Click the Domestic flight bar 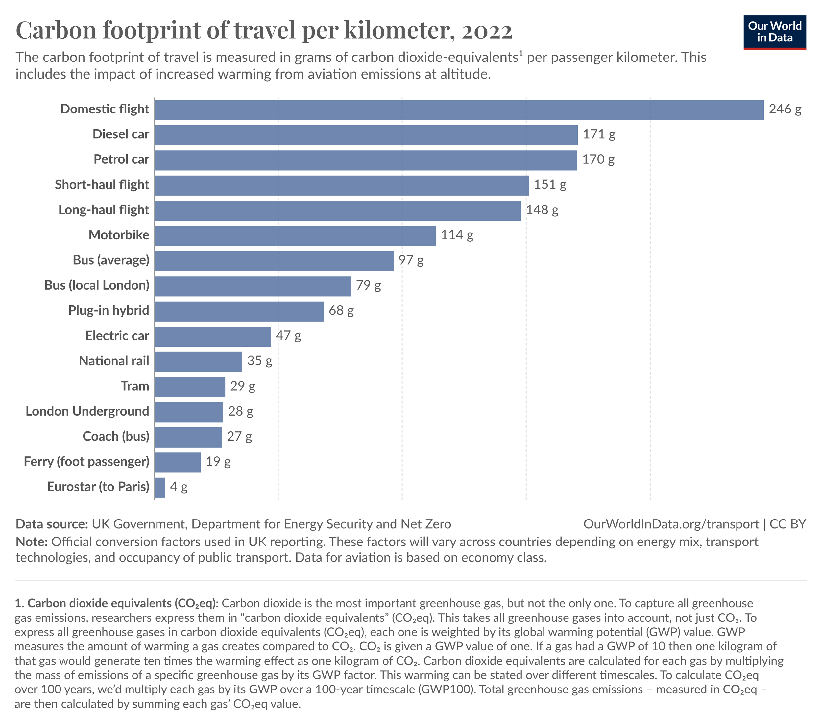458,110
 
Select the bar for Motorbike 295,236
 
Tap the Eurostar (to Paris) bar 160,488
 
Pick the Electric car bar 212,336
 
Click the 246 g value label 785,109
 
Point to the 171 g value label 599,134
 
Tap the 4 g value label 179,487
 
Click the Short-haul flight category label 102,184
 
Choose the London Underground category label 87,411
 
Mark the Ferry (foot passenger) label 86,461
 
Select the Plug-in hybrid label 109,310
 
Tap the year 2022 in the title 487,31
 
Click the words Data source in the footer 52,524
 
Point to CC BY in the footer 787,524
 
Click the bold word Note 31,542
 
